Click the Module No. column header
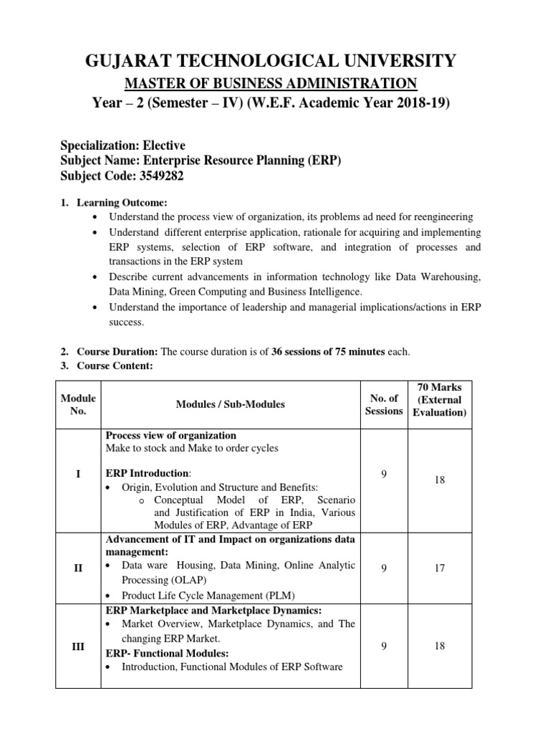[78, 404]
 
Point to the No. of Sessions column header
[384, 404]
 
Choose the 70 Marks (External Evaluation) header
[439, 400]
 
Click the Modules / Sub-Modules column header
[230, 404]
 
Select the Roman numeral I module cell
[78, 474]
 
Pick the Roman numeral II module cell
[78, 568]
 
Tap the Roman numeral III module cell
[78, 646]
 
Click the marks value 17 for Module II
[439, 568]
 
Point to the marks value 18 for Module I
[439, 480]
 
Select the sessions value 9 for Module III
[384, 646]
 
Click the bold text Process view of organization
[171, 436]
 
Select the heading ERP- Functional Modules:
[166, 653]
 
